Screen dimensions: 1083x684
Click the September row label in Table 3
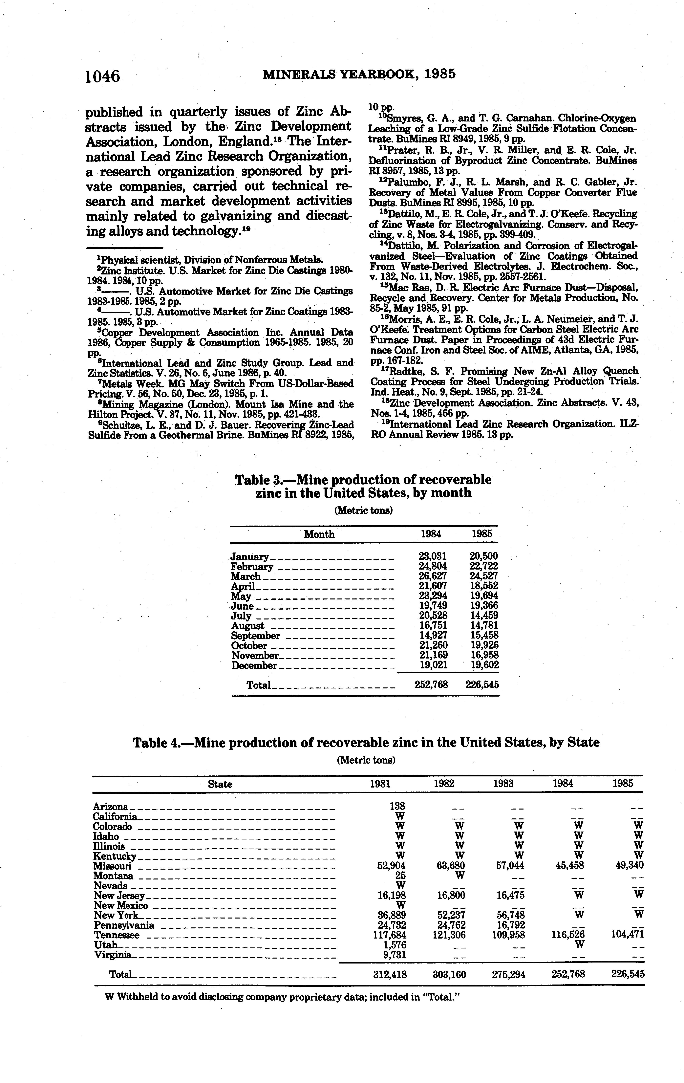[x=255, y=636]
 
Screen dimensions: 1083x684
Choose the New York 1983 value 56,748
[x=509, y=914]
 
